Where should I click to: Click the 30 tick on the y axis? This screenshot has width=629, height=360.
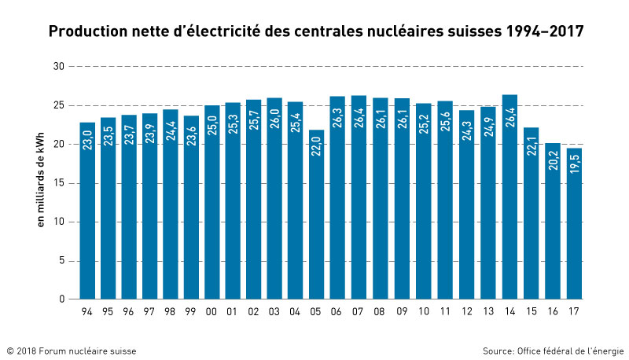(x=58, y=66)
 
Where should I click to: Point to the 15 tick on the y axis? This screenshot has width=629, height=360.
(x=58, y=183)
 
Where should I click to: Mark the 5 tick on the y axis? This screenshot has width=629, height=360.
(x=61, y=261)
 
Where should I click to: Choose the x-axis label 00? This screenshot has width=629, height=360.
(x=212, y=313)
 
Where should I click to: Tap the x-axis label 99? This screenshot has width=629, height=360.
(x=191, y=313)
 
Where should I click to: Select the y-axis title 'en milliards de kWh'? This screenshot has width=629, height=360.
(x=41, y=182)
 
